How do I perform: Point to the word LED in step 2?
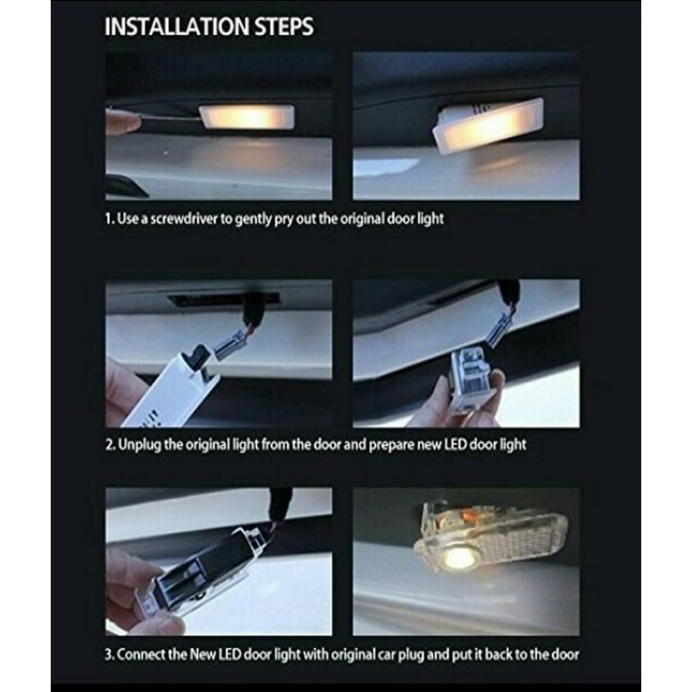[454, 445]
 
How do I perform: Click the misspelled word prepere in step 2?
[393, 445]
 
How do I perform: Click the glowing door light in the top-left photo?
[246, 118]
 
